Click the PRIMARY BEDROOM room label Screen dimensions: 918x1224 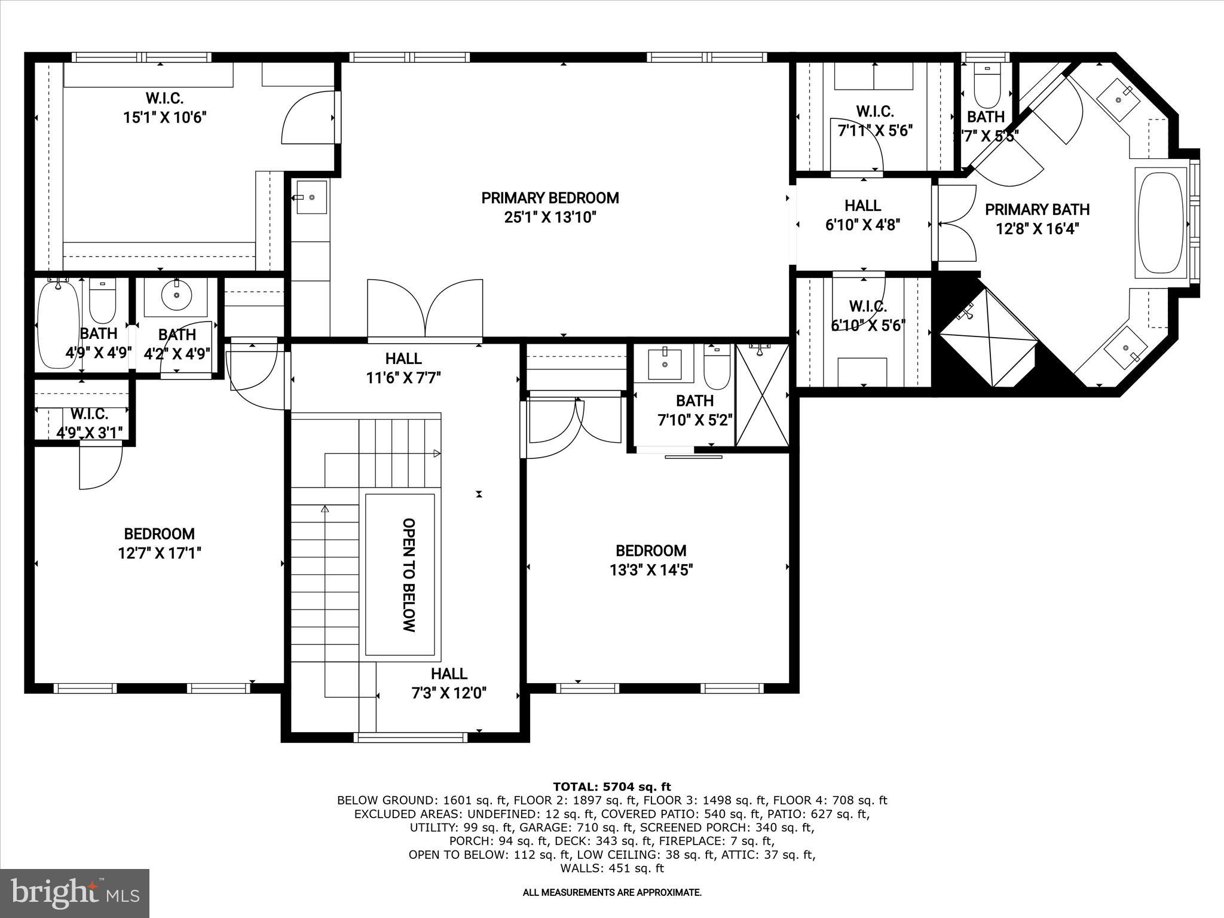(550, 198)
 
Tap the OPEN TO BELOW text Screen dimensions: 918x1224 (409, 574)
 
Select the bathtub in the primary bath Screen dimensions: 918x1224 (1160, 224)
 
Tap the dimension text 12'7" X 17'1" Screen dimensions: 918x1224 (159, 553)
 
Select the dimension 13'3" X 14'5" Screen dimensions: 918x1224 (651, 570)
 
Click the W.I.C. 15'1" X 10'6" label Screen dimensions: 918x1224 (164, 108)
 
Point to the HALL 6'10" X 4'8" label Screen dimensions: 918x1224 (862, 215)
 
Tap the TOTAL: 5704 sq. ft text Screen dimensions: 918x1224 (612, 787)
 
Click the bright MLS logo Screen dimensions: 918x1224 (75, 893)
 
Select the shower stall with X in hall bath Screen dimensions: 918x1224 (762, 394)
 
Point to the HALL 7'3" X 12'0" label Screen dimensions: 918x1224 (449, 683)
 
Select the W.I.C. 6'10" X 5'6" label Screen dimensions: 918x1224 (868, 316)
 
